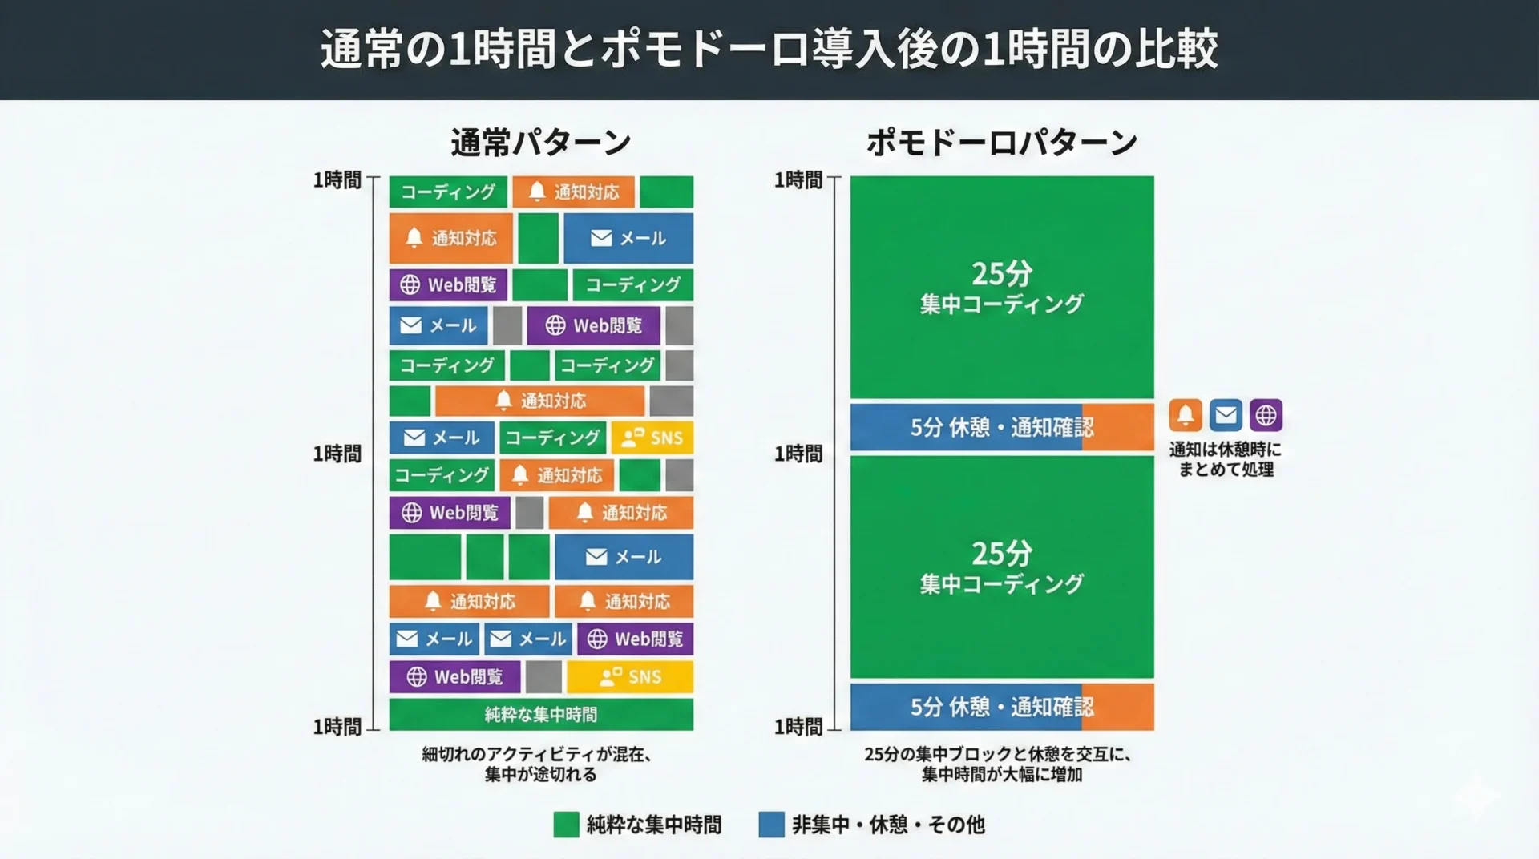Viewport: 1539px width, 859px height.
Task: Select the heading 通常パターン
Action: (541, 143)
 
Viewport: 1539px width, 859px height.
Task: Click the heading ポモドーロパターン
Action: (1002, 143)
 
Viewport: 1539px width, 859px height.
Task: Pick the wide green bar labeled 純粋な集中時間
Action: (541, 714)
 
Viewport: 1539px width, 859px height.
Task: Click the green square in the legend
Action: (566, 825)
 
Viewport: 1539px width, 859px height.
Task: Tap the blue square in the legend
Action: (771, 825)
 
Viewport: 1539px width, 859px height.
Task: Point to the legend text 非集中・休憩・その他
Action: (888, 825)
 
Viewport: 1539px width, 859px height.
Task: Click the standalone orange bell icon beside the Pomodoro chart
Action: (1186, 415)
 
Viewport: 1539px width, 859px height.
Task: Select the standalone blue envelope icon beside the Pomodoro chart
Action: (1226, 415)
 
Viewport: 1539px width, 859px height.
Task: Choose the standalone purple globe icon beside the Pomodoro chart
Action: (1266, 415)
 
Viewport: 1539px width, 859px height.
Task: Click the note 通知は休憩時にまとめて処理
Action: (1225, 459)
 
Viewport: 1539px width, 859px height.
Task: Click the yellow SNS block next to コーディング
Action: (652, 438)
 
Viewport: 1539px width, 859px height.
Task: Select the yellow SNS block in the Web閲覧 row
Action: (630, 677)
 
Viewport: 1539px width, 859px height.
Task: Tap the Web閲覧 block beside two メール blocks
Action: (635, 639)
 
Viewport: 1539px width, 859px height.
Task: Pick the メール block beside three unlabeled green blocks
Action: (624, 557)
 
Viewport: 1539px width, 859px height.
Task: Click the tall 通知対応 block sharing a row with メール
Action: (450, 238)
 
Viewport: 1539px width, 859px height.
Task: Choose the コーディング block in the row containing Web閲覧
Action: (632, 284)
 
